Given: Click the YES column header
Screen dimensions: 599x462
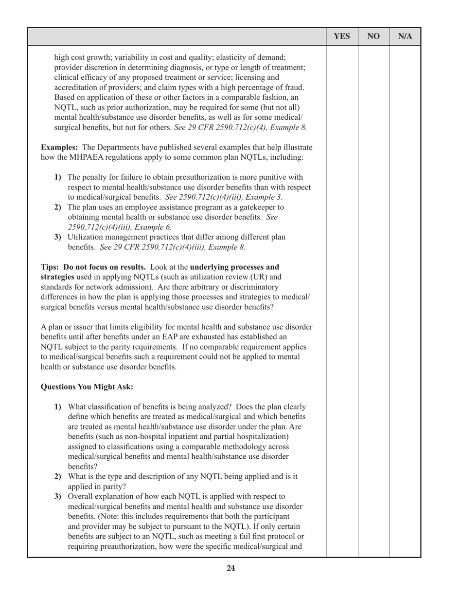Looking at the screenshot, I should (342, 37).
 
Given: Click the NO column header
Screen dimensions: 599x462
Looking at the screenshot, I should (373, 37).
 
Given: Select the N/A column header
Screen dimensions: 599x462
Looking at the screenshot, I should (405, 37).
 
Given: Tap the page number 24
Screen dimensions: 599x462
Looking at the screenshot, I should (231, 567).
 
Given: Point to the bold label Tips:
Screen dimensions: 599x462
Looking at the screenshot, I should (51, 267).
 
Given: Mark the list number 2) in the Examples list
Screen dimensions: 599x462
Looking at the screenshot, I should (58, 207).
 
